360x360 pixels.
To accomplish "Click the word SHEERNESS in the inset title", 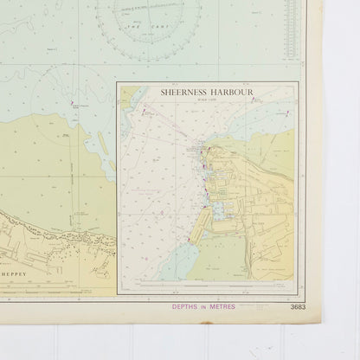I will (x=183, y=91).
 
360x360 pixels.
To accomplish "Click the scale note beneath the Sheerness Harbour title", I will (x=208, y=100).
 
